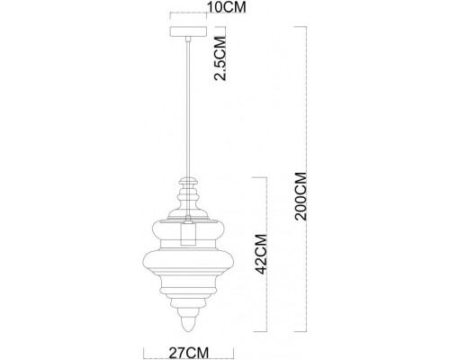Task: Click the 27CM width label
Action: pos(188,352)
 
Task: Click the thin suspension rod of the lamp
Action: pos(187,108)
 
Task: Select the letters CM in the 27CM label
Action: pos(196,352)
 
